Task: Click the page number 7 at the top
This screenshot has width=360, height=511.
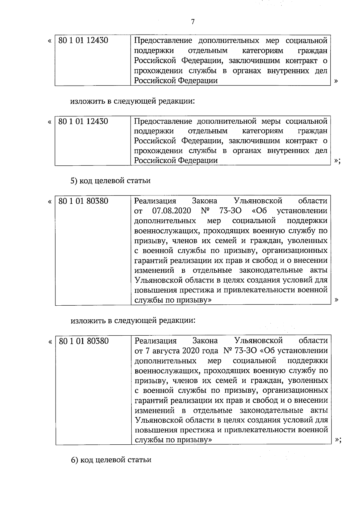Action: click(193, 22)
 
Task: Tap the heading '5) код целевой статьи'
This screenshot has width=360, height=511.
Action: click(110, 181)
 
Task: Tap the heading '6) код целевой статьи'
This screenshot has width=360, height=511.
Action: click(111, 460)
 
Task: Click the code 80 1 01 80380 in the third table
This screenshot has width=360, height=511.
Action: click(83, 201)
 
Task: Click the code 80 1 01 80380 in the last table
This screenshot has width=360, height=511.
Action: click(84, 341)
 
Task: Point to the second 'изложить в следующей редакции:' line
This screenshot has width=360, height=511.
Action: click(133, 320)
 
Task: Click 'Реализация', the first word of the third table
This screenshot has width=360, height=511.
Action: click(155, 201)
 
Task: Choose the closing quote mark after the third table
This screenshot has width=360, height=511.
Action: click(336, 300)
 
